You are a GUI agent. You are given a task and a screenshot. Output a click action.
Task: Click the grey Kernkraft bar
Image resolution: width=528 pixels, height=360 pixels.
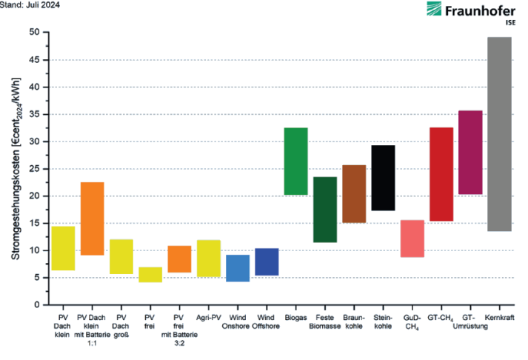coord(499,134)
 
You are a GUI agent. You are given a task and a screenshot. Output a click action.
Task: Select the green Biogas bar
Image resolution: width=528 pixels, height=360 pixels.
coord(296,161)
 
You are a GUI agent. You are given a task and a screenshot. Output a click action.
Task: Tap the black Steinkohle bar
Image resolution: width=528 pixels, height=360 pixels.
coord(383,178)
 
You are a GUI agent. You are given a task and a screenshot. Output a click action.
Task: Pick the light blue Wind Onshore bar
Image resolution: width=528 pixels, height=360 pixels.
coord(238,268)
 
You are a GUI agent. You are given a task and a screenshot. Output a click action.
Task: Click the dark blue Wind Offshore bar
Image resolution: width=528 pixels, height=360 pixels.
coord(267,261)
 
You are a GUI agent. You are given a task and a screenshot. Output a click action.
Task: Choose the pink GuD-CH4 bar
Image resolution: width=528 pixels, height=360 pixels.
coord(412,239)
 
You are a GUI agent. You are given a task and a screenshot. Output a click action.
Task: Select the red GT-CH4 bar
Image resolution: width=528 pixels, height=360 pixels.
coord(441,174)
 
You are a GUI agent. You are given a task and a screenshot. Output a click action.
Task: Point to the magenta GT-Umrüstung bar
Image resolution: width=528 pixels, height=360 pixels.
coord(470,152)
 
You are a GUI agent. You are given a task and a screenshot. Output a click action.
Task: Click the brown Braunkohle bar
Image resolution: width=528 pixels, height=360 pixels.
coord(354,193)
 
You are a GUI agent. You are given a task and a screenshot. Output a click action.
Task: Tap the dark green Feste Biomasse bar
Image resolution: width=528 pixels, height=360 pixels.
coord(325,210)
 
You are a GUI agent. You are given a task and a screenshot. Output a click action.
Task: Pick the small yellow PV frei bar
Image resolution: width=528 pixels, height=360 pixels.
coord(150,275)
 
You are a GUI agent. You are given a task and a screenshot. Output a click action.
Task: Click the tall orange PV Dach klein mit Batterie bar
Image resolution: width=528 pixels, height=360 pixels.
coord(93,219)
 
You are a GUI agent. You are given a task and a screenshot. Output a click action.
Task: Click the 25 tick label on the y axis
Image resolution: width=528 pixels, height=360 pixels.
coord(34,169)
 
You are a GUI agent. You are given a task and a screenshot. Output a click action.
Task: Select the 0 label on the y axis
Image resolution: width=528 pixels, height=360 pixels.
coord(37,304)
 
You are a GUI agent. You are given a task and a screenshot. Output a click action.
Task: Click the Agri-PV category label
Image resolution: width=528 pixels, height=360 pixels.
coord(209,318)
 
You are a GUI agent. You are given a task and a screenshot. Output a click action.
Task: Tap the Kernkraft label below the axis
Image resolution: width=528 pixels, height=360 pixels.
coord(499,318)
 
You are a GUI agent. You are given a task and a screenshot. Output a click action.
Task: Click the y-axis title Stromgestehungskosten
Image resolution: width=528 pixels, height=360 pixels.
coord(16,169)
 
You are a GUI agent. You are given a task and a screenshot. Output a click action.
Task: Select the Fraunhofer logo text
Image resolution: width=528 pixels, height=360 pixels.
coord(480,11)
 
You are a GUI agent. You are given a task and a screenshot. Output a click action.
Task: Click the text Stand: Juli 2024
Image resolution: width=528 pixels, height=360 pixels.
coord(30,4)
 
